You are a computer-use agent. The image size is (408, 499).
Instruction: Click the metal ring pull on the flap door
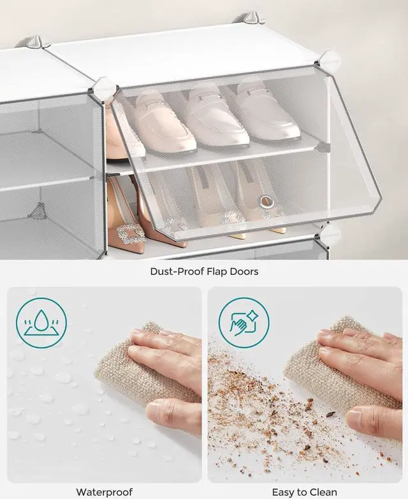(266, 201)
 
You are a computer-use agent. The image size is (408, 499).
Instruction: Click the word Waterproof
(105, 493)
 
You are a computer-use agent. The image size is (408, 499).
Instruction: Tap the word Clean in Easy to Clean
(321, 492)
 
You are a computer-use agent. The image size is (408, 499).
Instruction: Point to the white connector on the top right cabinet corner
(328, 60)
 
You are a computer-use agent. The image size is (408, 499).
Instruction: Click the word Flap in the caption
(215, 271)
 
